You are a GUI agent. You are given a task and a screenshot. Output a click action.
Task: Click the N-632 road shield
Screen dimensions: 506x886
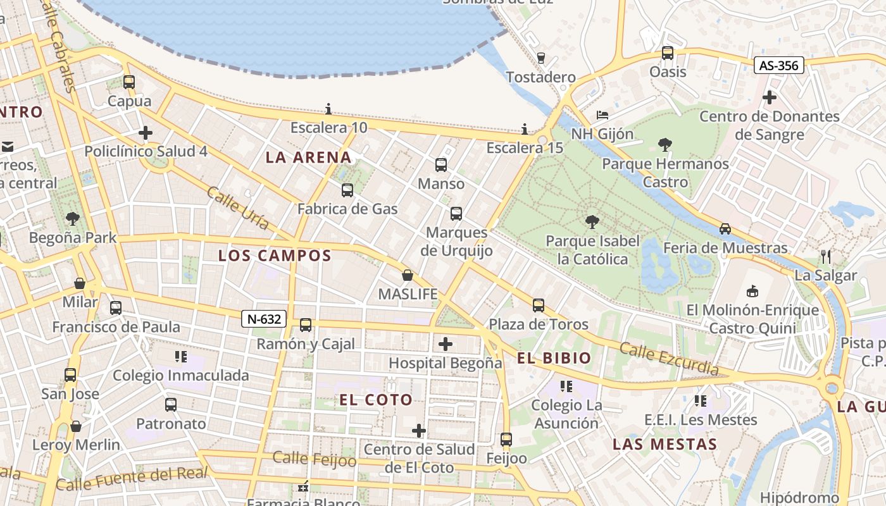point(264,319)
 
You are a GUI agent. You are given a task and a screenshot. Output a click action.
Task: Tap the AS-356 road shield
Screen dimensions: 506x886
point(778,65)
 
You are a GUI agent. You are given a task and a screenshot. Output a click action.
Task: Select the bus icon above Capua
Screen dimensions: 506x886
point(129,82)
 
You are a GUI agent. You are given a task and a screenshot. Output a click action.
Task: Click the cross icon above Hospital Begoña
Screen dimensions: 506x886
point(446,344)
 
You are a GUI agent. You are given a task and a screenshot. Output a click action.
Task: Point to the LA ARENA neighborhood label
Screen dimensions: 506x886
point(308,157)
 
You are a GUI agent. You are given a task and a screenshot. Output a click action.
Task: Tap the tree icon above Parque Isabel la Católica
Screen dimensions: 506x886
point(592,222)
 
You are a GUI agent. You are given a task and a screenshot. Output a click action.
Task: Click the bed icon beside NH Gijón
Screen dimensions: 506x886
point(602,115)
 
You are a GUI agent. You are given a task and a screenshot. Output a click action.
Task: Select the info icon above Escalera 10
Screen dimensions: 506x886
point(328,109)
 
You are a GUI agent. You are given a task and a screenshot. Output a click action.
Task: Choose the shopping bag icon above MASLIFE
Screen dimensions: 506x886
point(408,276)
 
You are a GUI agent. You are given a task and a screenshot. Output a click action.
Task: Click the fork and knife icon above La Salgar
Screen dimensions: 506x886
point(825,256)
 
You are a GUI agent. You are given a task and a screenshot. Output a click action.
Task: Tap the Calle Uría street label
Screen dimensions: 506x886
point(238,208)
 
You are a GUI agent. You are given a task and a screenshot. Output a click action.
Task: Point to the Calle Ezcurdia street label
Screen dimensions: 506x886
point(669,359)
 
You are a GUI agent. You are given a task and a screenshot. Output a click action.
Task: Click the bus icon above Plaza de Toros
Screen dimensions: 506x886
point(539,305)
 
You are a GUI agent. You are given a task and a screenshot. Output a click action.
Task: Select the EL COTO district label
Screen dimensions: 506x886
point(376,400)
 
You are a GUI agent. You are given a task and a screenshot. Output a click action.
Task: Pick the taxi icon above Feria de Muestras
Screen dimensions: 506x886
point(725,229)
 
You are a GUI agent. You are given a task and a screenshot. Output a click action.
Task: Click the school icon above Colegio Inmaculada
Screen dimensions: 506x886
point(181,357)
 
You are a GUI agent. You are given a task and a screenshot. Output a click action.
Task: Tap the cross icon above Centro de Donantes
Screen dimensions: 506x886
point(770,97)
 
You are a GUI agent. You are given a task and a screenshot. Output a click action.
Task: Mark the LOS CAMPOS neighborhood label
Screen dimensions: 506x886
point(275,256)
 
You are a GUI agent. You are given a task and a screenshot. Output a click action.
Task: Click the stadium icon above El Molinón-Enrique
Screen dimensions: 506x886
point(752,291)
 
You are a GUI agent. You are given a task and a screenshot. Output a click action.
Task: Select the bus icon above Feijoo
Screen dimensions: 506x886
point(506,439)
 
